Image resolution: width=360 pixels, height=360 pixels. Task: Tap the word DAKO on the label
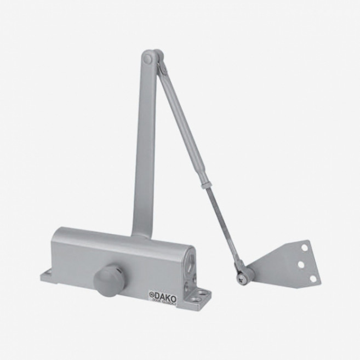tap(165, 294)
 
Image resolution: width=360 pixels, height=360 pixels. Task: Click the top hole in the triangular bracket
tap(305, 248)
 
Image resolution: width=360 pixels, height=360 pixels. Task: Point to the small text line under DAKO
tap(166, 299)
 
